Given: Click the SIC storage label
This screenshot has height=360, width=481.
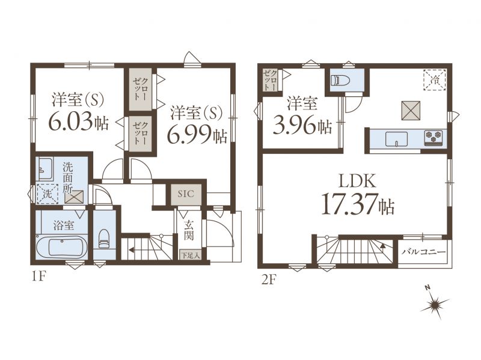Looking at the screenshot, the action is coord(186,194).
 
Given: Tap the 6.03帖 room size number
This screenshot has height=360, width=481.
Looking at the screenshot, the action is coord(78,123).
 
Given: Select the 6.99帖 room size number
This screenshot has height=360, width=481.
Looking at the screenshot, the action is coord(197,135).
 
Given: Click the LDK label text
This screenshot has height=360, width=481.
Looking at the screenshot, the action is coord(357,181).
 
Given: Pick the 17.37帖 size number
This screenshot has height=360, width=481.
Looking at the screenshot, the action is coord(357,205).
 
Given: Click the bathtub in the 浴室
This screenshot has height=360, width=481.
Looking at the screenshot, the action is coord(62,248).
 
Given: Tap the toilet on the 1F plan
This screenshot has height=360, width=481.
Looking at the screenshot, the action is coord(104,238).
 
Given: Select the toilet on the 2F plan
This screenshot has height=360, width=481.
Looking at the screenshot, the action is coord(340,81).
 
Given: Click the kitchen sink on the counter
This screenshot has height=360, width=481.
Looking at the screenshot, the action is coord(397,139).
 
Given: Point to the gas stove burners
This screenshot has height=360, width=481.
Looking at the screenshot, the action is coord(434,137).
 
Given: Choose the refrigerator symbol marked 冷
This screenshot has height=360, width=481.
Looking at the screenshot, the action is coord(434,81).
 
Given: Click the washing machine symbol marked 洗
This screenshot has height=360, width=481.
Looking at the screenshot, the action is coord(47,194).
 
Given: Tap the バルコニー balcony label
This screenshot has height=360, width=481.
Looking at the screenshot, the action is coord(424,252).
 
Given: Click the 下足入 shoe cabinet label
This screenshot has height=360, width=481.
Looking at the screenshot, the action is coord(190,255).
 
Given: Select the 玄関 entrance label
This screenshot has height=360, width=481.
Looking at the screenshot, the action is coord(189,230).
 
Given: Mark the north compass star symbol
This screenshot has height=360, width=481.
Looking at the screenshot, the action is coord(435,304).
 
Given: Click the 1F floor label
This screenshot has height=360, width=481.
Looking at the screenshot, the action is coord(38,276).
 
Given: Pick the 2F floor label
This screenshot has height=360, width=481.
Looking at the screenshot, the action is coord(269,280).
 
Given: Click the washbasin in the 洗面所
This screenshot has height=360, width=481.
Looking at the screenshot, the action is coord(45,168).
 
